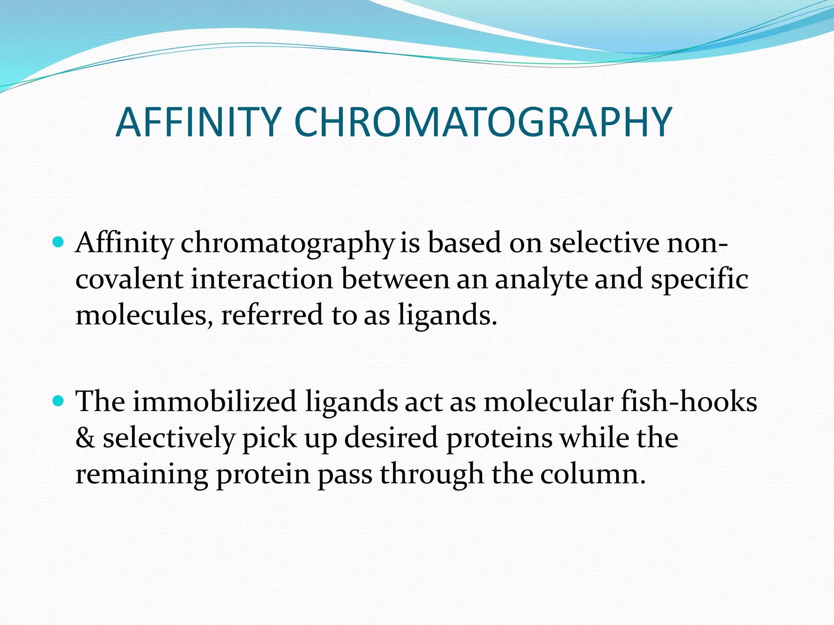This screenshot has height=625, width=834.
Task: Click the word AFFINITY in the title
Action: (x=198, y=122)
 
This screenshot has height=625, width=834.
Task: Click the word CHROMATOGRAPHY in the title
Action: (x=483, y=122)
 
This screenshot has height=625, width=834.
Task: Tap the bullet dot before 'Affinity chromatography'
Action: (x=59, y=243)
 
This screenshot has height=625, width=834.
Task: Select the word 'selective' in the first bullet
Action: (x=604, y=243)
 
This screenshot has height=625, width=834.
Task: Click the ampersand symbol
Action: (x=85, y=438)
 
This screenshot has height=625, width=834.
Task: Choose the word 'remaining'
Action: (x=142, y=475)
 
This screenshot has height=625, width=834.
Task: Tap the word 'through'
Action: (x=432, y=475)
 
